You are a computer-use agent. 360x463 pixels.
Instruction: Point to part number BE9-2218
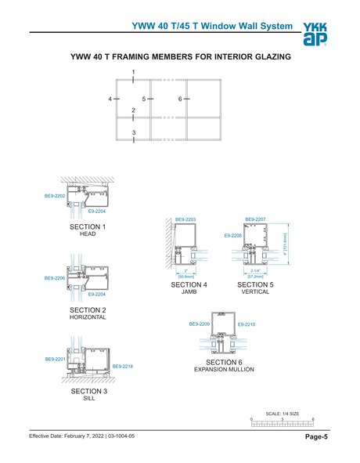pyautogui.click(x=122, y=366)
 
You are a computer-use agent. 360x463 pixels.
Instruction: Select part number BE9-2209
pyautogui.click(x=200, y=323)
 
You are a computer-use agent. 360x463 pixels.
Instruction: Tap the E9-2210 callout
pyautogui.click(x=246, y=323)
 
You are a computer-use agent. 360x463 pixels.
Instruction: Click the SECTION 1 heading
pyautogui.click(x=88, y=227)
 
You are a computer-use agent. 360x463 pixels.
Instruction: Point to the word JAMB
pyautogui.click(x=188, y=291)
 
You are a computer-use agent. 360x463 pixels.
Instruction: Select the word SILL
pyautogui.click(x=88, y=398)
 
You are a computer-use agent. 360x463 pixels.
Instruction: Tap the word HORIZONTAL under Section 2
pyautogui.click(x=88, y=318)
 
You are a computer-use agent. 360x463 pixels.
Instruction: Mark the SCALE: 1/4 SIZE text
pyautogui.click(x=283, y=414)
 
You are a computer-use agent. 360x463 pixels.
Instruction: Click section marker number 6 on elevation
pyautogui.click(x=180, y=99)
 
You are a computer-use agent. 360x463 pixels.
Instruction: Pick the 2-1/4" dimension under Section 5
pyautogui.click(x=254, y=272)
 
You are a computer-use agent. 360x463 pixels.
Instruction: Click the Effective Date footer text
pyautogui.click(x=87, y=436)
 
